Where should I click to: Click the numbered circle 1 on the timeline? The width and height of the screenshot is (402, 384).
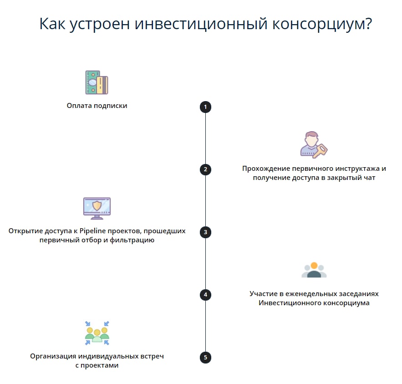click(x=205, y=107)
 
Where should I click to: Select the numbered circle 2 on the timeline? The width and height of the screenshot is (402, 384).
click(x=205, y=169)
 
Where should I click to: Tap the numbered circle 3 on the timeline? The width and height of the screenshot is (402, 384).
click(x=205, y=232)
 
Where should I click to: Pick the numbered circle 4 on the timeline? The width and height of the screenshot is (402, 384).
click(x=205, y=295)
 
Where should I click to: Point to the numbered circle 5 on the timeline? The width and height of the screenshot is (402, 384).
click(x=205, y=357)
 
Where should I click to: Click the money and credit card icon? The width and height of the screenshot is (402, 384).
click(x=97, y=82)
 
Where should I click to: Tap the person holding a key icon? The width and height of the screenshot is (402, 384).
click(x=314, y=145)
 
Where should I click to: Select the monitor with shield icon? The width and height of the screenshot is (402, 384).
click(x=97, y=208)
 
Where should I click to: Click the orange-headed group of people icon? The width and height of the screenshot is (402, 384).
click(x=314, y=270)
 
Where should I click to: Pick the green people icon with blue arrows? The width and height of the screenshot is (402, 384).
click(x=97, y=333)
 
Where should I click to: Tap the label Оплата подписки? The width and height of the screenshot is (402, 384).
click(x=97, y=106)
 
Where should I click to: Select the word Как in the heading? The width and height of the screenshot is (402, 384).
click(x=52, y=24)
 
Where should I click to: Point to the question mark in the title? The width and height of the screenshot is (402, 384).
click(x=368, y=23)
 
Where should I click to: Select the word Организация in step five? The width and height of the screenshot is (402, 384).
click(x=53, y=356)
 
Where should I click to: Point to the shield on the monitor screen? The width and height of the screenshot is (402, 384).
click(x=97, y=206)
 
